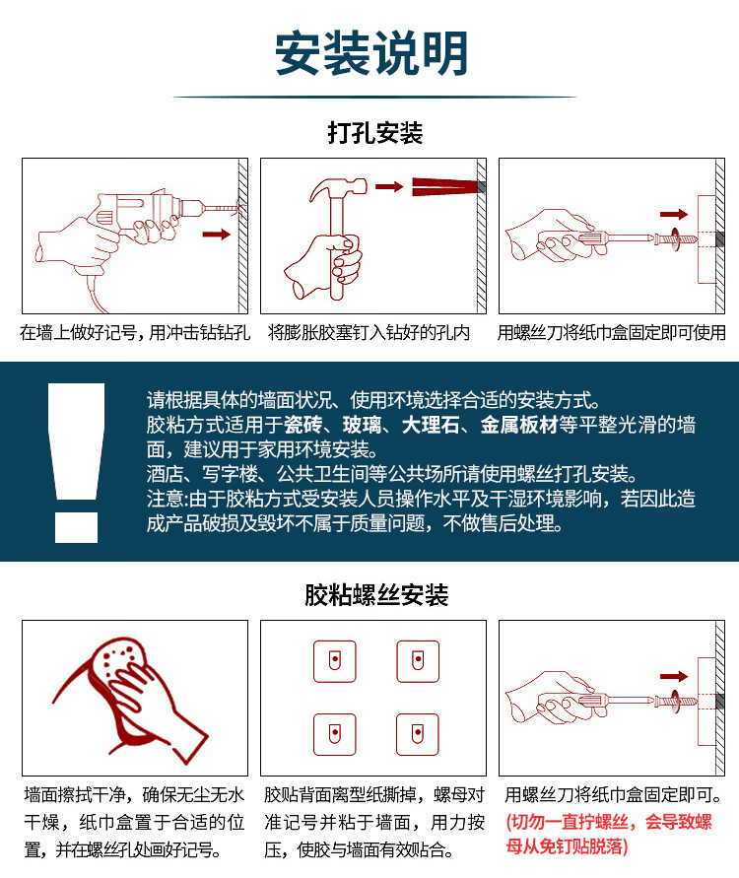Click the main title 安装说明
[371, 54]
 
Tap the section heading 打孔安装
[375, 133]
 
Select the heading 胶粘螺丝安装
[376, 594]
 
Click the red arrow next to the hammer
[389, 186]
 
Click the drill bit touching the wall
[224, 208]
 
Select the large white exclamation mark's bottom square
[76, 527]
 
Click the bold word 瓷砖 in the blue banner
[302, 425]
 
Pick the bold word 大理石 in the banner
[430, 425]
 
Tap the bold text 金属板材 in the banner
[519, 425]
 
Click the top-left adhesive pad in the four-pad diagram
[335, 661]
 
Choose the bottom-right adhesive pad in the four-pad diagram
[418, 734]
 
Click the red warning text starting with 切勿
[609, 834]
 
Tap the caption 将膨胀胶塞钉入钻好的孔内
[369, 333]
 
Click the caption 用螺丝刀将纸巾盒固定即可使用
[611, 333]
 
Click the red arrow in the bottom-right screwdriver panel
[674, 676]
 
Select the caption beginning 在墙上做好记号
[135, 333]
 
